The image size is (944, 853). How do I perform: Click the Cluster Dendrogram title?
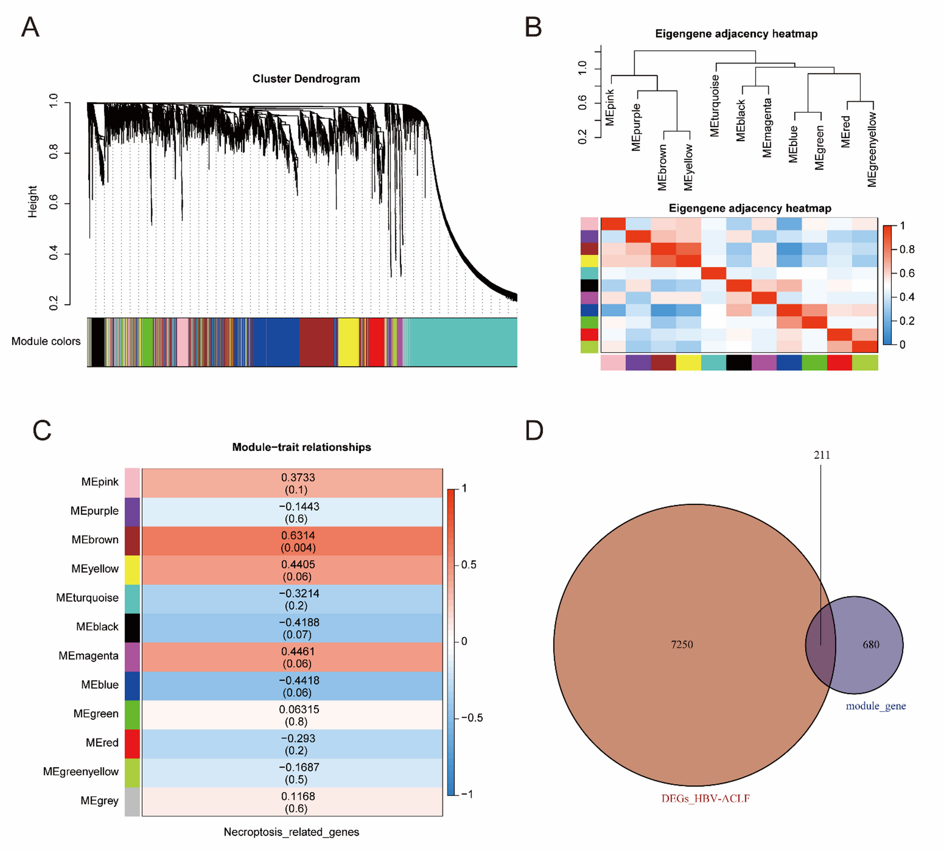click(306, 78)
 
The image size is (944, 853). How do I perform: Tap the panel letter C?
click(42, 430)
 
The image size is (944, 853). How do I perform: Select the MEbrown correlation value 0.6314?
click(298, 535)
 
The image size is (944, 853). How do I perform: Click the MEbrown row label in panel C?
click(95, 540)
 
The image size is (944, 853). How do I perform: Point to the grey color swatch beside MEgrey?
click(133, 801)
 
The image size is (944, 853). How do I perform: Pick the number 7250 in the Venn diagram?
click(682, 644)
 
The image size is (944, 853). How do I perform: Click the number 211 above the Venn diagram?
click(822, 455)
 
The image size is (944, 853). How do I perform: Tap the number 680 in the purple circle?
click(871, 644)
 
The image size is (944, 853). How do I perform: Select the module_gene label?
click(875, 705)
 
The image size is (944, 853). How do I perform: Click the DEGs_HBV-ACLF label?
click(705, 798)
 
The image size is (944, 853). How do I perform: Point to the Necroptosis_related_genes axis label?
click(291, 832)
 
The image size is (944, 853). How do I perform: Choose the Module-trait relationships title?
click(301, 447)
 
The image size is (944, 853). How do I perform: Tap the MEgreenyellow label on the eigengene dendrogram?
click(872, 149)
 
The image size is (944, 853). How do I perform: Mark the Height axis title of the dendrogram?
click(32, 201)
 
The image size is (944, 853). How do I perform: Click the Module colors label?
click(46, 341)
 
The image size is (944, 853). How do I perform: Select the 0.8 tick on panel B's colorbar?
click(907, 249)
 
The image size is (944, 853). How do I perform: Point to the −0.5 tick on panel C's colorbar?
click(472, 718)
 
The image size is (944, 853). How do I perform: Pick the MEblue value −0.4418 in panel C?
click(299, 680)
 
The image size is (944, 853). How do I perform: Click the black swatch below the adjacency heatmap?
click(739, 362)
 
